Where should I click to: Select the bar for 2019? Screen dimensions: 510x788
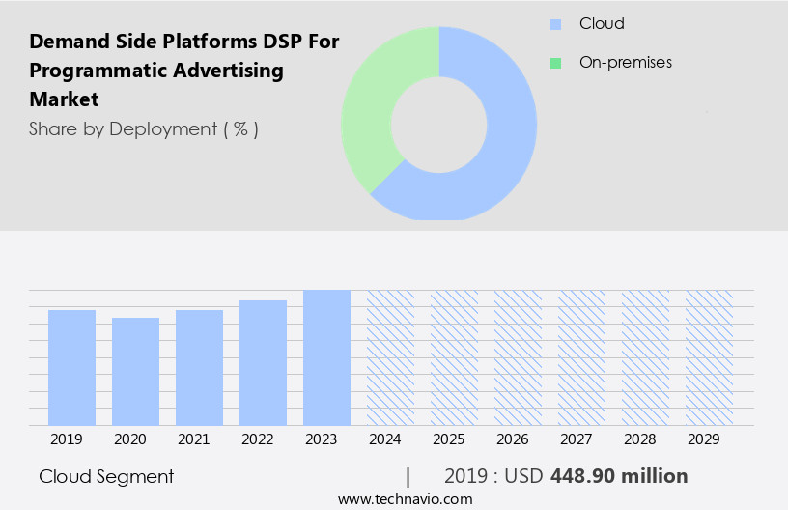click(x=71, y=367)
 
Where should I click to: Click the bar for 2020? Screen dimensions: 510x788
click(x=135, y=371)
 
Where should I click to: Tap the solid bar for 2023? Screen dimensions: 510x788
click(x=326, y=357)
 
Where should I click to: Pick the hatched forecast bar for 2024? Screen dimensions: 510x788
click(x=390, y=357)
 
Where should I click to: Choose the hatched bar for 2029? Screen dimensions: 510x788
click(x=709, y=357)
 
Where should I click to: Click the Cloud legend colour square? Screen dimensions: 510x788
click(x=555, y=24)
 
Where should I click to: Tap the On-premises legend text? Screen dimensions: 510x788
click(x=625, y=63)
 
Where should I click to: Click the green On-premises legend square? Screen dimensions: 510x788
click(x=555, y=63)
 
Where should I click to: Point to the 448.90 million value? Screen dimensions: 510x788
click(x=619, y=476)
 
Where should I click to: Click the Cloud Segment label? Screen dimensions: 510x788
click(x=106, y=476)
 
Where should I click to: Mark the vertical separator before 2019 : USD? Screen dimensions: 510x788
click(x=408, y=476)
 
